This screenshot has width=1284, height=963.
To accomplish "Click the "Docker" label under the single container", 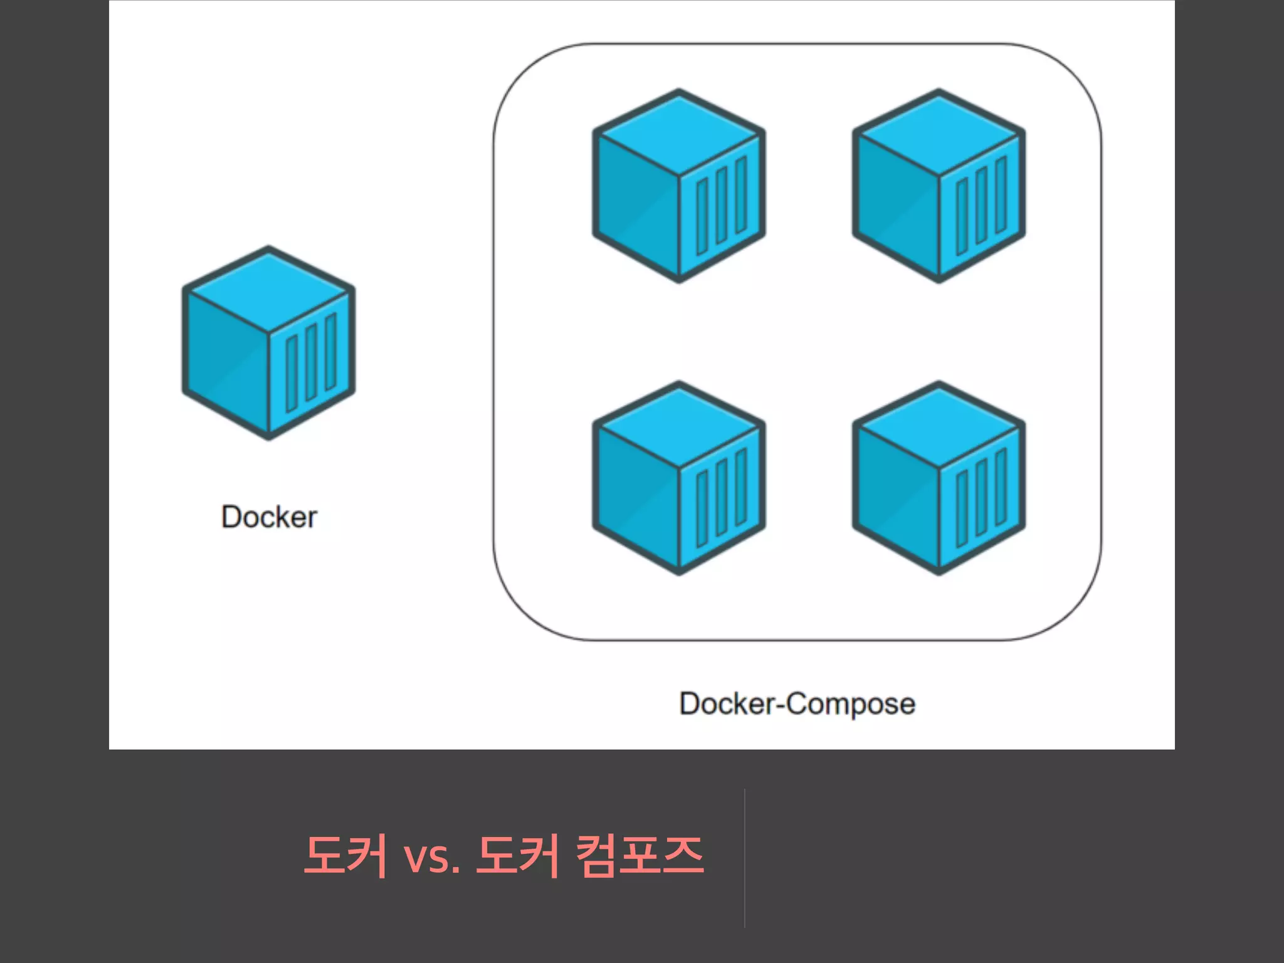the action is tap(269, 517).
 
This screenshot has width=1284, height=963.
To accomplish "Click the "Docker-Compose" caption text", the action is tap(797, 703).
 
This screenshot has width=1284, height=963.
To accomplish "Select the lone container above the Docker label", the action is tap(269, 343).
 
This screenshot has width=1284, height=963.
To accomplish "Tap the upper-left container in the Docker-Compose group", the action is tap(679, 186).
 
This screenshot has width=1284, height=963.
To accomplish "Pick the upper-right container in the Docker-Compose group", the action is tap(939, 186).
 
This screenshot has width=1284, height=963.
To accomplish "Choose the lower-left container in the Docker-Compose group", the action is tap(679, 478).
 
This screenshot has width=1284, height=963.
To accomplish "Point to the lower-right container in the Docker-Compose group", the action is tap(939, 478).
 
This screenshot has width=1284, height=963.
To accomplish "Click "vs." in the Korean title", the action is tap(432, 856).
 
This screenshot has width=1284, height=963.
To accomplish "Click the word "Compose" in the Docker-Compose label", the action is tap(850, 704).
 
